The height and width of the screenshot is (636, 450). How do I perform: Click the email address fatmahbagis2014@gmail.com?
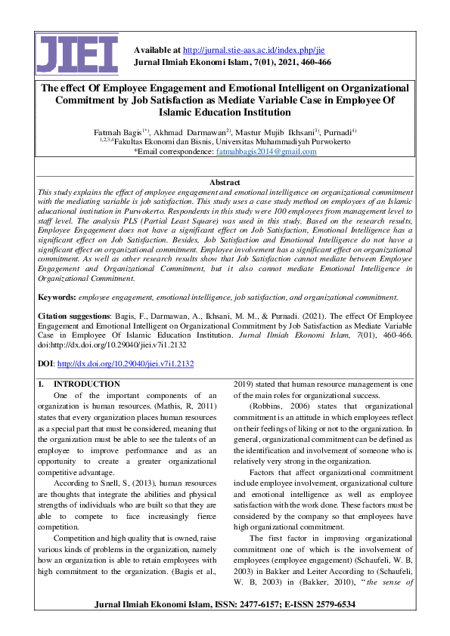click(266, 151)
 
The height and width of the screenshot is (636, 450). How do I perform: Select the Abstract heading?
click(225, 182)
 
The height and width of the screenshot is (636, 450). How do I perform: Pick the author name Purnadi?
click(344, 131)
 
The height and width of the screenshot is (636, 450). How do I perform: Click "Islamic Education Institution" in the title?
click(225, 112)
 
